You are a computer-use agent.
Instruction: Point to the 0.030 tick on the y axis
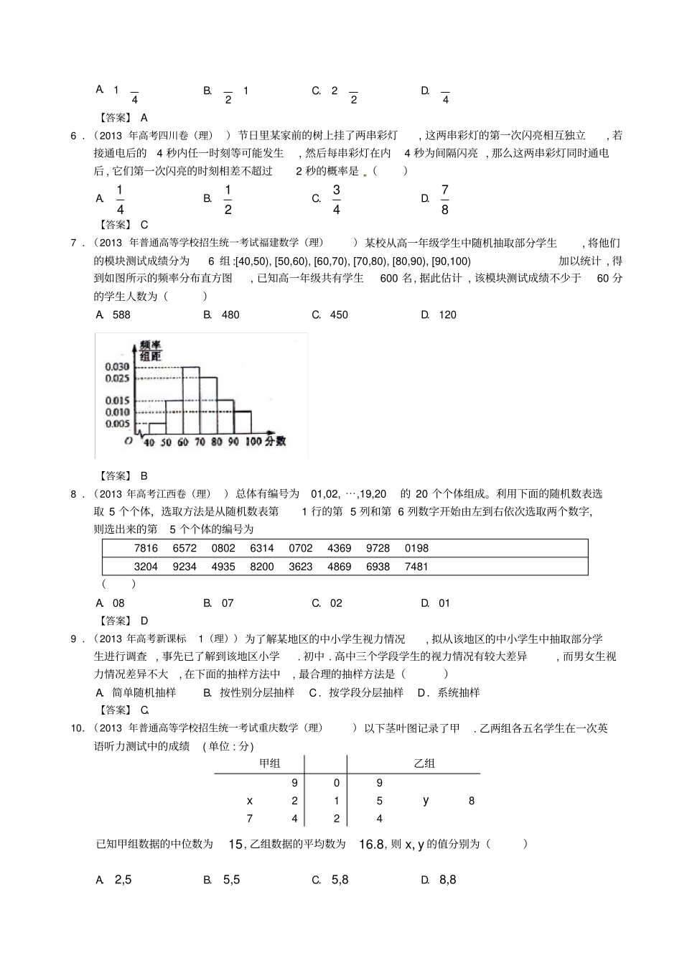pyautogui.click(x=117, y=367)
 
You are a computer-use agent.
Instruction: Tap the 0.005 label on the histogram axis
pyautogui.click(x=117, y=424)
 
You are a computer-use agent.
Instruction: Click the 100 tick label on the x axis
pyautogui.click(x=253, y=442)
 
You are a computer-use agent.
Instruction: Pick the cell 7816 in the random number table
pyautogui.click(x=146, y=548)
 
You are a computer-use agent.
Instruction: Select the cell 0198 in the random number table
pyautogui.click(x=416, y=548)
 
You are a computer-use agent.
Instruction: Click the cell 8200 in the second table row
pyautogui.click(x=262, y=567)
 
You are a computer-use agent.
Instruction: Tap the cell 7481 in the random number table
pyautogui.click(x=416, y=567)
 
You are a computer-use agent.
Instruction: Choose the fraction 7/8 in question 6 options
pyautogui.click(x=445, y=199)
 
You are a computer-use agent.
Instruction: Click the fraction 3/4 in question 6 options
pyautogui.click(x=336, y=199)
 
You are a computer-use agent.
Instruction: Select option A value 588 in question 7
pyautogui.click(x=121, y=315)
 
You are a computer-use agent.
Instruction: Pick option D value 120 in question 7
pyautogui.click(x=447, y=315)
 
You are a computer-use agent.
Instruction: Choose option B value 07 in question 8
pyautogui.click(x=228, y=603)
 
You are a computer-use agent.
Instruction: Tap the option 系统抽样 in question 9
pyautogui.click(x=459, y=692)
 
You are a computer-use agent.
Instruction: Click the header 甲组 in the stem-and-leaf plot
pyautogui.click(x=269, y=763)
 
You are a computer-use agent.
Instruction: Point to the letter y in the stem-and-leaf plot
pyautogui.click(x=426, y=800)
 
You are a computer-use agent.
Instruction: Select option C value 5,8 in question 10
pyautogui.click(x=340, y=880)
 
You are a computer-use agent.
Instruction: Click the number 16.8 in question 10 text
pyautogui.click(x=372, y=845)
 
